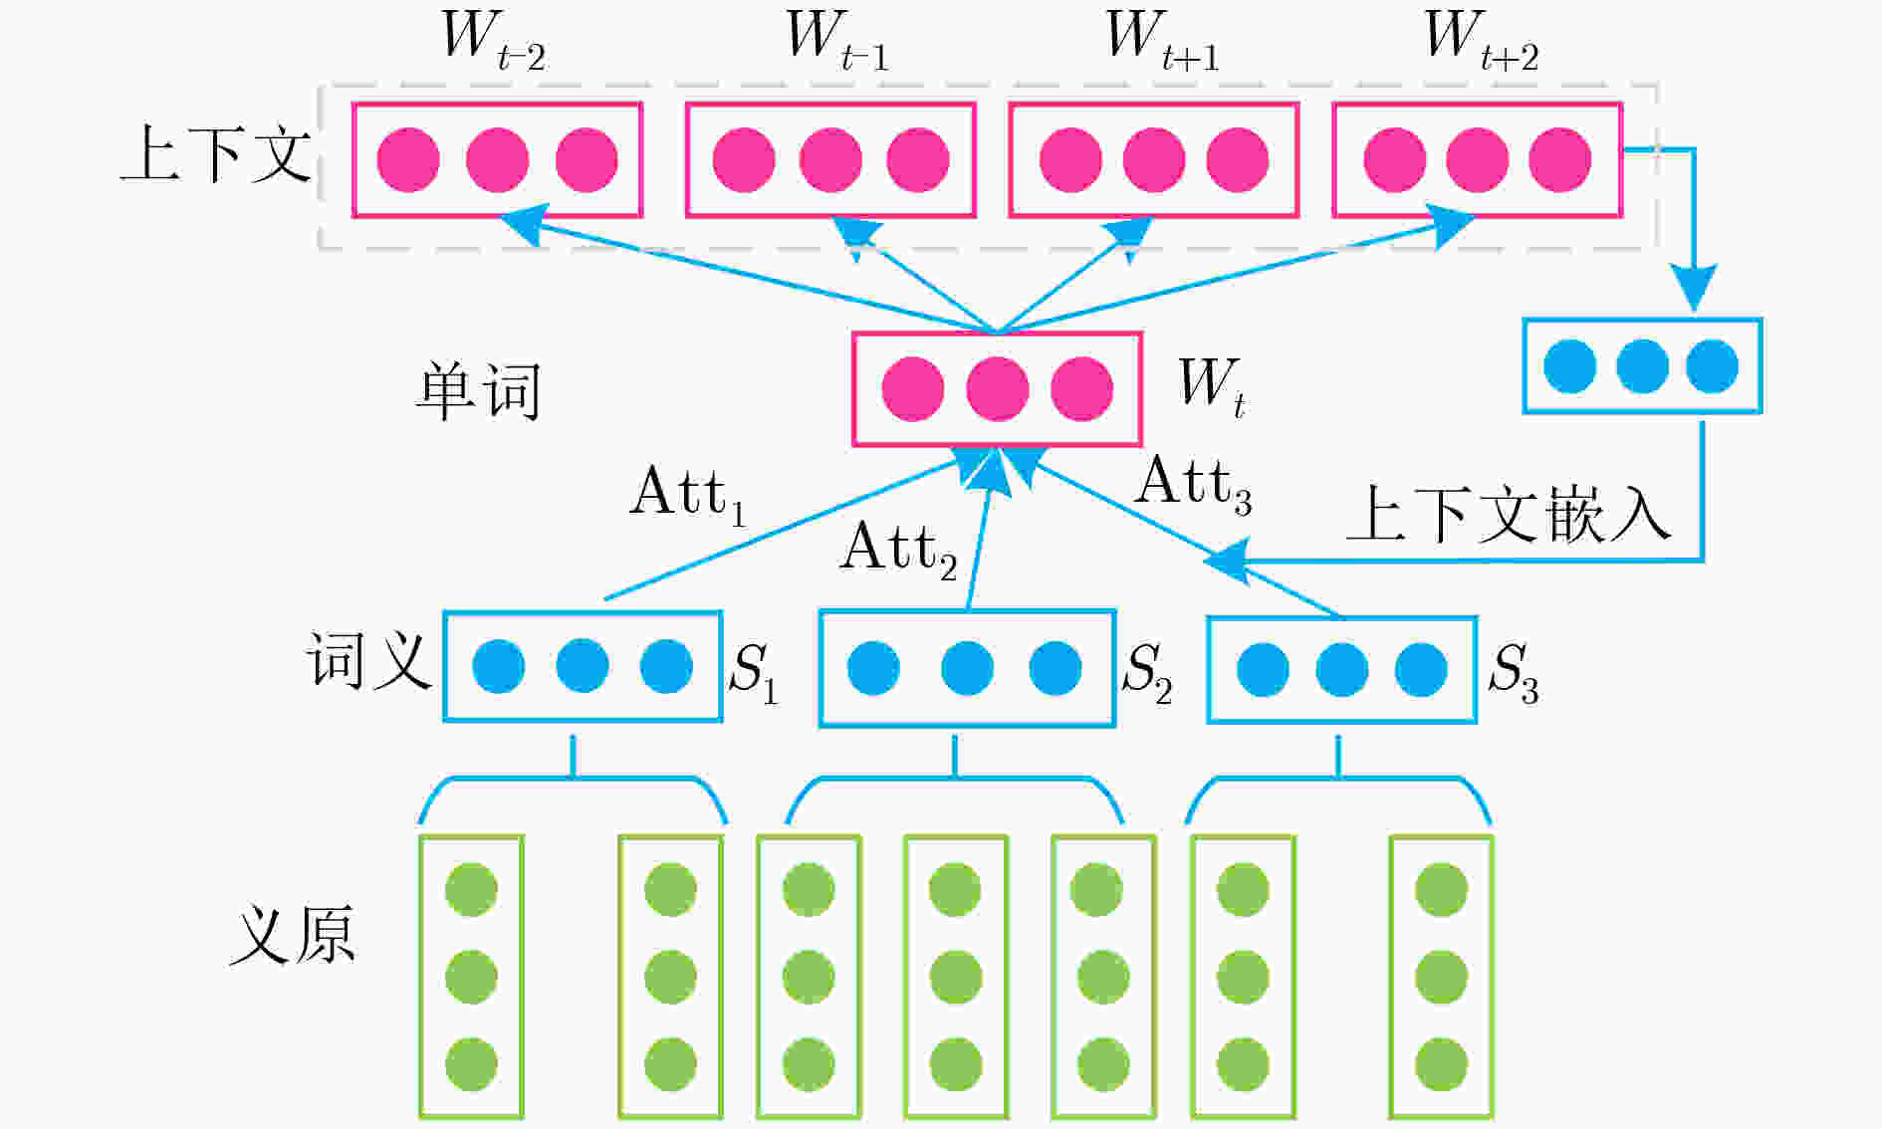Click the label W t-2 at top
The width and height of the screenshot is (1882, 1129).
493,42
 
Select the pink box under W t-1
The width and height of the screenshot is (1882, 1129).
829,159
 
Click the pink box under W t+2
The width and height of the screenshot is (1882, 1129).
1477,159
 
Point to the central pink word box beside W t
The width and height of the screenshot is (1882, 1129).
997,388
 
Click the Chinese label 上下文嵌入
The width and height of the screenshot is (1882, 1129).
1508,515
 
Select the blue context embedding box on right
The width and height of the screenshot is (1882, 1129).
1641,365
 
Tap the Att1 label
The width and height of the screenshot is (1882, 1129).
687,494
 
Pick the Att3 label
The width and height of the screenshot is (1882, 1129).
1193,484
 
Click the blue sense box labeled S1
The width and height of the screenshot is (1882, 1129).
582,666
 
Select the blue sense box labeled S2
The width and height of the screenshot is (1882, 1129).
966,668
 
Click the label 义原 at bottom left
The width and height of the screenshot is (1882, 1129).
292,935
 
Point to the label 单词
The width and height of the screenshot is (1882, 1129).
478,390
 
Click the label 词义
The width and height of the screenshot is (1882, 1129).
367,660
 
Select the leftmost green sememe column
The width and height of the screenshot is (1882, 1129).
471,977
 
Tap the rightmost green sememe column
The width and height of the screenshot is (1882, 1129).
1441,977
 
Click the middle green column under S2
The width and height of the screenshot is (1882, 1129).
955,977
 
